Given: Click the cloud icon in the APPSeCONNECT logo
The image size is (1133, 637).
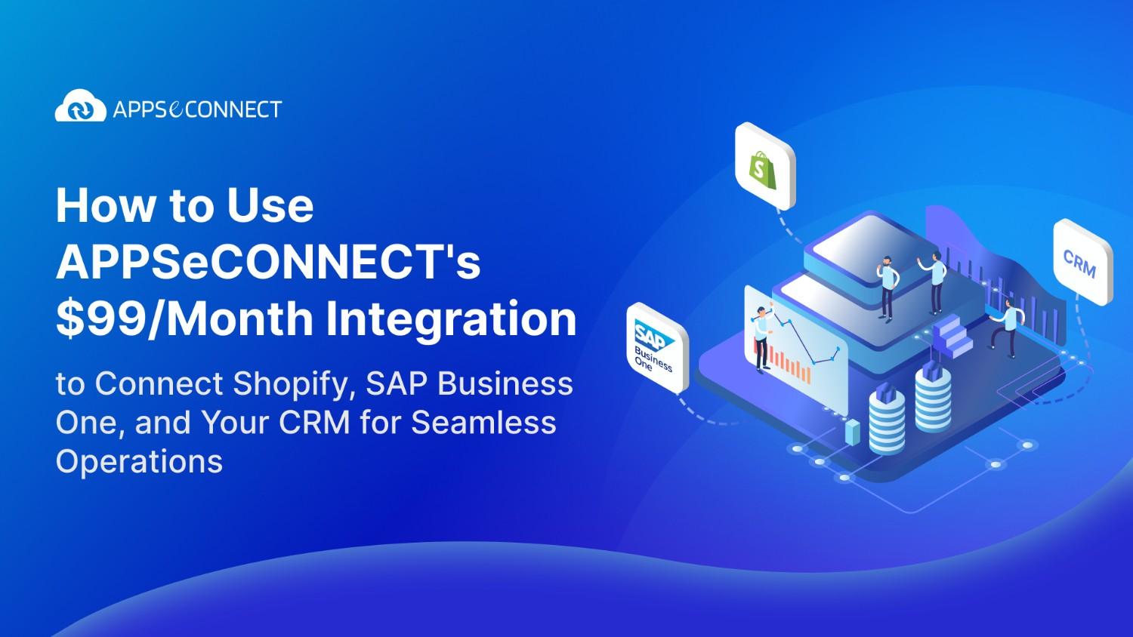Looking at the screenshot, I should click(80, 107).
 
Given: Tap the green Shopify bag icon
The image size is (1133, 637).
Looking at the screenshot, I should click(758, 165).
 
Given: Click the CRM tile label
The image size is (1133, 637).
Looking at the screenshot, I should click(1080, 263).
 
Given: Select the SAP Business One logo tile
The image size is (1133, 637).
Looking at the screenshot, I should click(654, 347).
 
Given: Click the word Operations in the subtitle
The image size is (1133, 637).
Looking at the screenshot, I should click(139, 461).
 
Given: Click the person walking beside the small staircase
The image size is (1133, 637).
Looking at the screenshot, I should click(1006, 325).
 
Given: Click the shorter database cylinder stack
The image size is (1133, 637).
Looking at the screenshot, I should click(887, 418).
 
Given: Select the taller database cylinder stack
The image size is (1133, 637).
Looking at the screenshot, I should click(933, 396).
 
